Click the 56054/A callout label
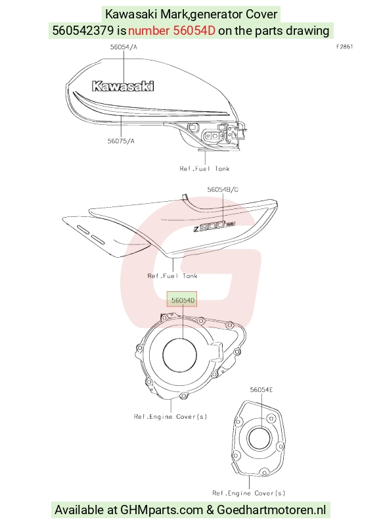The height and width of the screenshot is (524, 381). tap(123, 47)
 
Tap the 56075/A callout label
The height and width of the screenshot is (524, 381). tap(121, 141)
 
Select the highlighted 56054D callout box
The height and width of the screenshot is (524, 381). tap(183, 299)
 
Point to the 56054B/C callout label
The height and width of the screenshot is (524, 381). tap(223, 189)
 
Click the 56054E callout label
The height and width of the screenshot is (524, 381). tap(261, 390)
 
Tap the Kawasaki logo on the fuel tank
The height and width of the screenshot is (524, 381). tap(123, 86)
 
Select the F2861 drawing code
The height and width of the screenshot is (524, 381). tap(345, 47)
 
